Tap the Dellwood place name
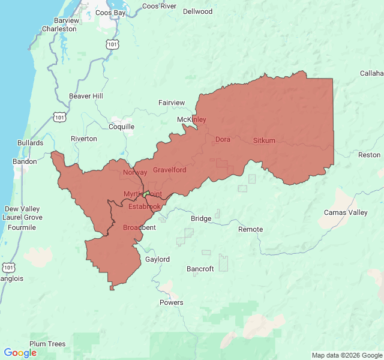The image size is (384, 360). pyautogui.click(x=197, y=11)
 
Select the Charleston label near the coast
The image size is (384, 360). pyautogui.click(x=59, y=29)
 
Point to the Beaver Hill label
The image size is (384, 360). pyautogui.click(x=86, y=96)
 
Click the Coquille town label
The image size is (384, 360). pyautogui.click(x=122, y=127)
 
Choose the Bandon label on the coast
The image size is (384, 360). pyautogui.click(x=25, y=161)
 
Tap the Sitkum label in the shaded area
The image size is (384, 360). pyautogui.click(x=264, y=140)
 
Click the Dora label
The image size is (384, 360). pyautogui.click(x=223, y=140)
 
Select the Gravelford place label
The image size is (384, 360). pyautogui.click(x=169, y=170)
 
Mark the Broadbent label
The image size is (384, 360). pyautogui.click(x=139, y=227)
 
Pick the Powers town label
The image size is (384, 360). pyautogui.click(x=172, y=302)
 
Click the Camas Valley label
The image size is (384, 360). pyautogui.click(x=346, y=212)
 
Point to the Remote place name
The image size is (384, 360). pyautogui.click(x=250, y=229)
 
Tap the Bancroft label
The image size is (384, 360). pyautogui.click(x=200, y=269)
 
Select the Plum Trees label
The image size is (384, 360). pyautogui.click(x=47, y=344)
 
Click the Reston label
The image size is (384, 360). pyautogui.click(x=369, y=155)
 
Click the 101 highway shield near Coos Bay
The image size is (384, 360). pyautogui.click(x=112, y=44)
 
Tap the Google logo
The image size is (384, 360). pyautogui.click(x=20, y=353)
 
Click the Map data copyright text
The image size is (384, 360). pyautogui.click(x=346, y=355)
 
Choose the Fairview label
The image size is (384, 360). pyautogui.click(x=172, y=103)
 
